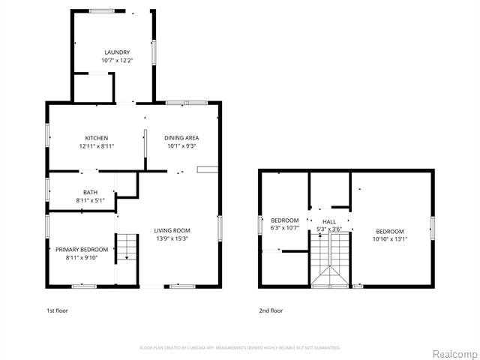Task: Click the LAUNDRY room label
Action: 116,52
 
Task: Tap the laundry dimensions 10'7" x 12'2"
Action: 116,60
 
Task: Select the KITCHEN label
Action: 96,138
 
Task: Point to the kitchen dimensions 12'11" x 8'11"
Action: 96,145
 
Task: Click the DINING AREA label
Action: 181,138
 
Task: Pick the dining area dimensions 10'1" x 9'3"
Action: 181,145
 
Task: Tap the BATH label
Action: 90,192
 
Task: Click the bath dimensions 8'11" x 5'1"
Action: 90,199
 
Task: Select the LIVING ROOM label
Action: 172,230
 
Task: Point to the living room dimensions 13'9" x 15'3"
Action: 172,238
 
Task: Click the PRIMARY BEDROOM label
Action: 82,250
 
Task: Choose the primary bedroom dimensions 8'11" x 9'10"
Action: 82,257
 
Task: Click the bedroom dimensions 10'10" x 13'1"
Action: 389,239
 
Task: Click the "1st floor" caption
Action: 57,309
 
